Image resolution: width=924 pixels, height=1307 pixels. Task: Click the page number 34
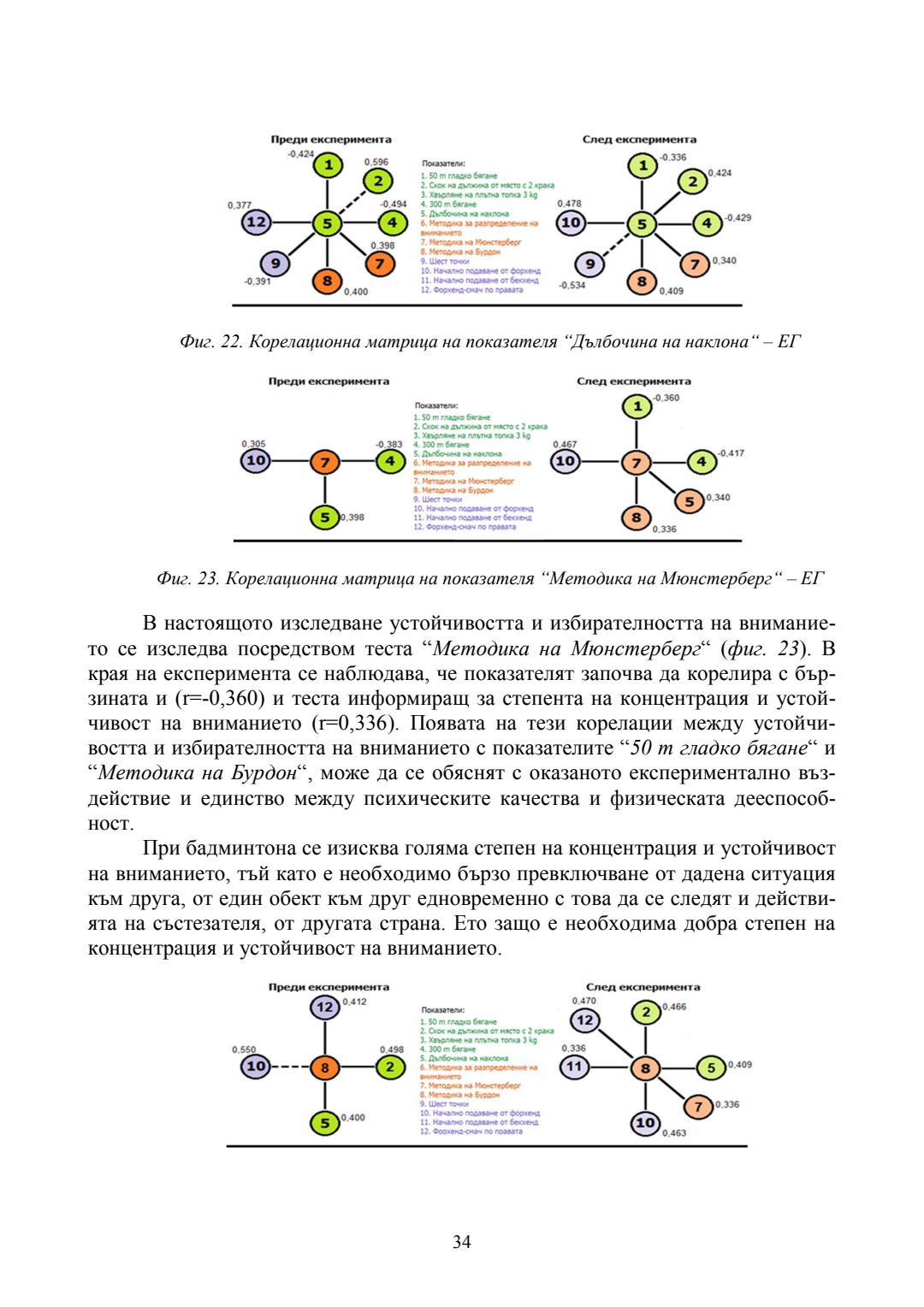point(461,1241)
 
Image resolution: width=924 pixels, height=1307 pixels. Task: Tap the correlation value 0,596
point(376,162)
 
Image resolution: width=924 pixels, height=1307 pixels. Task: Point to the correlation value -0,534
point(572,285)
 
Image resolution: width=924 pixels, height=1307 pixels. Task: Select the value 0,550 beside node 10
point(244,1050)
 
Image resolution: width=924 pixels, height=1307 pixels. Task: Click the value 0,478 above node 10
point(569,204)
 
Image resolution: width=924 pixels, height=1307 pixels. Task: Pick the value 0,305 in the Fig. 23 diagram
point(253,444)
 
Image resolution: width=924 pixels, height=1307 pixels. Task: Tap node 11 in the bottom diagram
point(574,1067)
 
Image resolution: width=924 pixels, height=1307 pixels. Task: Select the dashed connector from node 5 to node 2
point(352,203)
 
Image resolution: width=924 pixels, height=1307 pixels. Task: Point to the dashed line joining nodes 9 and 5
point(616,244)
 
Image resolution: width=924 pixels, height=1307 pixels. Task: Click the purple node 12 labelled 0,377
point(256,223)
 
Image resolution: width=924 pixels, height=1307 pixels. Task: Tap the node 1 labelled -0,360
point(637,406)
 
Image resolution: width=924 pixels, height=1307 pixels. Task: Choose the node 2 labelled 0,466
point(646,1013)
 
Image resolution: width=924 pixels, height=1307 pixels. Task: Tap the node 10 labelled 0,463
point(645,1123)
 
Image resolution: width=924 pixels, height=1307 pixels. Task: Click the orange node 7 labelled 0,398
point(380,263)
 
